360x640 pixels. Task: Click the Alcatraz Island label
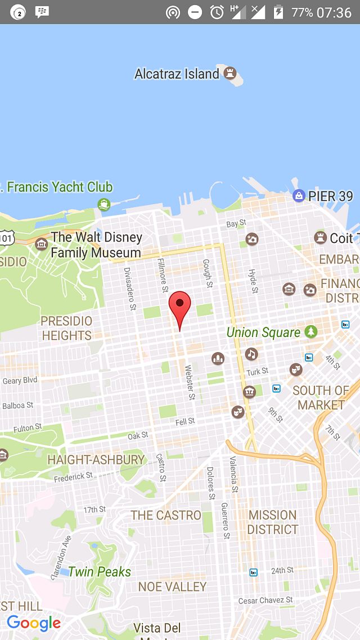177,74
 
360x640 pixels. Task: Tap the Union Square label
263,332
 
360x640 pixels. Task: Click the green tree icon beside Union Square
311,332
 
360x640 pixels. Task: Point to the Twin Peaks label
100,572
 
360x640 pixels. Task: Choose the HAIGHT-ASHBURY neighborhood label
96,459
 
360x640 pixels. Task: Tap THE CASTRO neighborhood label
166,515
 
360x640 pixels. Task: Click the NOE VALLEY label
173,587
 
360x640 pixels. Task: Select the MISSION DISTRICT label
273,522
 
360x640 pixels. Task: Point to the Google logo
34,623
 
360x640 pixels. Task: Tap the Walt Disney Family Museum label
96,245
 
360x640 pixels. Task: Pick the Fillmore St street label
162,275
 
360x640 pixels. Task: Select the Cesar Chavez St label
265,601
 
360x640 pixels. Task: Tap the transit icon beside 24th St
254,572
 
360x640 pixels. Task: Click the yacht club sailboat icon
103,204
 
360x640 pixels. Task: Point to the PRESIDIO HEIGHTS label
66,328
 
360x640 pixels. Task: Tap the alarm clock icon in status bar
217,12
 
